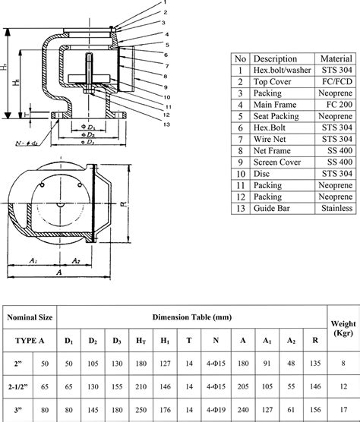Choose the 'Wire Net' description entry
point(270,140)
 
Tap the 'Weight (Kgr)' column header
point(339,324)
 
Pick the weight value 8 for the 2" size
point(343,364)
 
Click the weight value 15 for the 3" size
point(343,410)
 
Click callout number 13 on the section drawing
point(166,124)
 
